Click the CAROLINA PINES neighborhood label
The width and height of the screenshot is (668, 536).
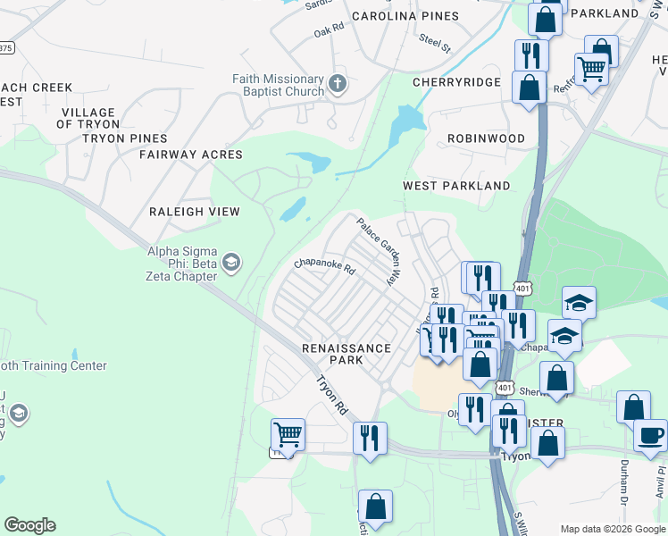point(405,16)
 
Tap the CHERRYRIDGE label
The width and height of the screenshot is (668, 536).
point(455,82)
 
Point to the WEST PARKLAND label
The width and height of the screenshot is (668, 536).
point(456,186)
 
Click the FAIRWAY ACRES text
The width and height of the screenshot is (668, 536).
point(190,155)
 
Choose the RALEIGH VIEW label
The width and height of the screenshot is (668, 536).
point(194,212)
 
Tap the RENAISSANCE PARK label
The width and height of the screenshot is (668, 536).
point(346,354)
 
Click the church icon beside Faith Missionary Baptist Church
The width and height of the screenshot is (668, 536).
point(338,85)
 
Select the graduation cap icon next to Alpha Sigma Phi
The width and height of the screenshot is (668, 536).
point(230,262)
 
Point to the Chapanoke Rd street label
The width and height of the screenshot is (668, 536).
point(325,265)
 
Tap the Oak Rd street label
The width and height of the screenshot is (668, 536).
point(329,31)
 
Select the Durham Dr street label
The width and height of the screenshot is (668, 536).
point(625,477)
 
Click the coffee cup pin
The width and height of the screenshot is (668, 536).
point(649,435)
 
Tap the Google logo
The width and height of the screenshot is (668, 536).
point(29,525)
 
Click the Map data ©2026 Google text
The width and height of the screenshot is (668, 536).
point(612,529)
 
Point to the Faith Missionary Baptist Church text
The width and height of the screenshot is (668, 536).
point(279,85)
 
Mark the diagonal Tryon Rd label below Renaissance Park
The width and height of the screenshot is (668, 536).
point(331,394)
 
